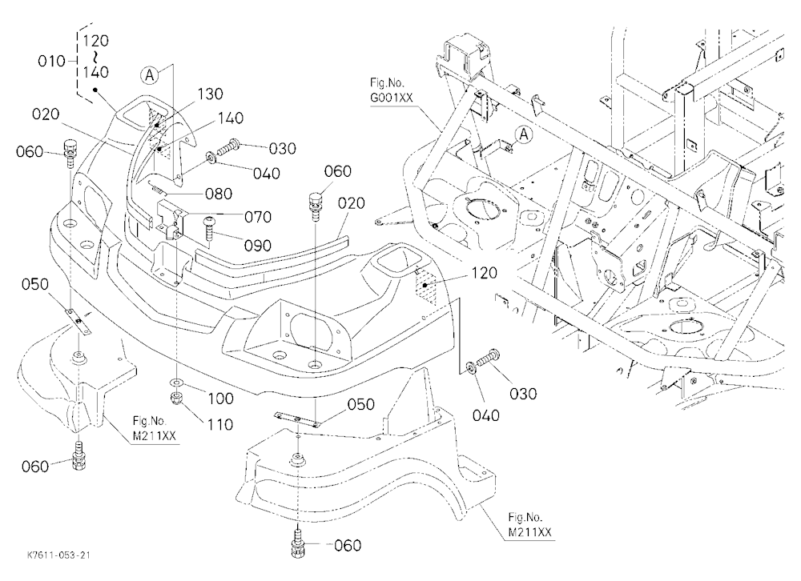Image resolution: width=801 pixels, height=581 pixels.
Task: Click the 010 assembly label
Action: [51, 62]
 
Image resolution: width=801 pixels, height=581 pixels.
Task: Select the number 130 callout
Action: [211, 94]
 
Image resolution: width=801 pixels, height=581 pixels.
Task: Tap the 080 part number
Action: [219, 194]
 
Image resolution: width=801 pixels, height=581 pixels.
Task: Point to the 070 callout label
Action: [258, 217]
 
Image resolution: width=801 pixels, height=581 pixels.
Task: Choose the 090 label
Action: [258, 246]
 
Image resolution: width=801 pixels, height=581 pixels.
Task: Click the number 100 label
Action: [221, 399]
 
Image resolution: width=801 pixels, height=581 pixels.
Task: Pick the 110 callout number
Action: [219, 424]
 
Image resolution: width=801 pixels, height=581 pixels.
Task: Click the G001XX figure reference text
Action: [392, 98]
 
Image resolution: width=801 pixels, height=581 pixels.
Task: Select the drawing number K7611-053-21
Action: [58, 555]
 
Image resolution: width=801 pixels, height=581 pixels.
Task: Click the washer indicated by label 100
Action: [177, 382]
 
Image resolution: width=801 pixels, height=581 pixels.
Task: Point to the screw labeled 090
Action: [210, 229]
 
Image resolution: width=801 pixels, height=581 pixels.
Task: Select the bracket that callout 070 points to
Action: [171, 218]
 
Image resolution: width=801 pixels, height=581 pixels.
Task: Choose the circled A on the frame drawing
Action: [524, 134]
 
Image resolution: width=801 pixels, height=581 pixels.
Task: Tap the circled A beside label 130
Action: [149, 75]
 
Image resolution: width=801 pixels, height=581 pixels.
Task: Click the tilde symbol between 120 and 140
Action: [95, 56]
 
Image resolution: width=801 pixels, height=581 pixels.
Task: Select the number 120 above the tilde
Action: [95, 40]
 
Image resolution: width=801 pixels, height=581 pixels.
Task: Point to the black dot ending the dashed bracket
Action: [95, 90]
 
